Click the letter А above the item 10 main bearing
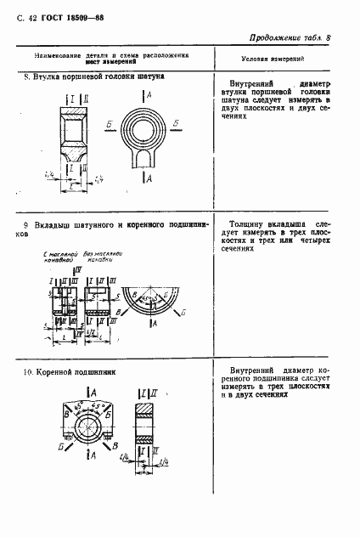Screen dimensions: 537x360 pos(92,392)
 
